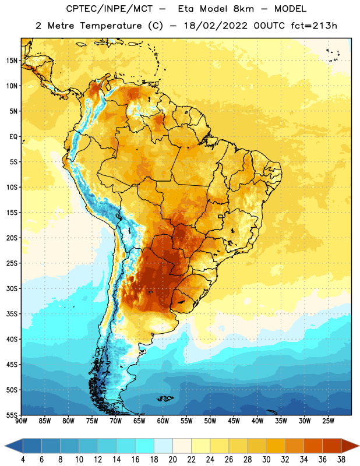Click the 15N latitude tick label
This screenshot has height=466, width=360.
tap(12, 61)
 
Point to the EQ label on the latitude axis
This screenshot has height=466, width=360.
tap(13, 137)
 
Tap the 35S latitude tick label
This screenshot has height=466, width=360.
tap(12, 314)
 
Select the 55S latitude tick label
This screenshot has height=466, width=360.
tap(12, 415)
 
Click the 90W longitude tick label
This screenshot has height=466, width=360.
tap(21, 421)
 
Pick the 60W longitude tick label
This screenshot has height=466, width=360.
tap(163, 421)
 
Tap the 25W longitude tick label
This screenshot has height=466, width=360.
tap(328, 421)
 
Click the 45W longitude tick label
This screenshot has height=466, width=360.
tap(234, 421)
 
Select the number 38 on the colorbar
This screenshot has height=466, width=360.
tap(341, 460)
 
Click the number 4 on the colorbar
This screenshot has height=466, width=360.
tap(23, 460)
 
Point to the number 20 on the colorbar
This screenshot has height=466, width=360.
tap(172, 460)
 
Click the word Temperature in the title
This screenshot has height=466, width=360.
tap(111, 26)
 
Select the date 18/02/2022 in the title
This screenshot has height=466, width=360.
tap(216, 26)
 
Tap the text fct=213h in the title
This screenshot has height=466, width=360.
tap(314, 26)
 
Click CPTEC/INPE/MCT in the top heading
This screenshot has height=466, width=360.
tap(109, 9)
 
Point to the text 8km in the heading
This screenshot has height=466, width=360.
tap(243, 9)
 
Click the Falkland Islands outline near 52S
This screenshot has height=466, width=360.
tap(165, 398)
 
